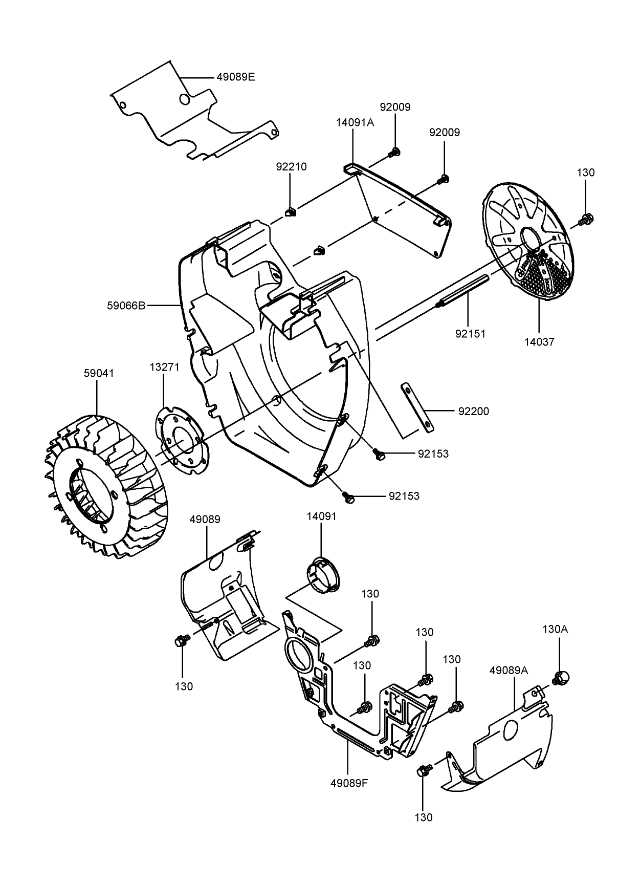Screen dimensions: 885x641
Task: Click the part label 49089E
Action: click(235, 77)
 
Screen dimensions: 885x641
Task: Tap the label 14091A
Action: click(355, 123)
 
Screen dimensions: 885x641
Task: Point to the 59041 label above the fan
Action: click(99, 373)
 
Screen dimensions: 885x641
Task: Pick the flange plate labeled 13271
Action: click(182, 440)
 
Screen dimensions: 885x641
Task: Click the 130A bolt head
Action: click(562, 678)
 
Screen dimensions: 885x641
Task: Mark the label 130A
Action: click(555, 629)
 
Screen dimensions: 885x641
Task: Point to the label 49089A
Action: click(509, 670)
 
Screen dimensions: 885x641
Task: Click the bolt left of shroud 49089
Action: click(181, 640)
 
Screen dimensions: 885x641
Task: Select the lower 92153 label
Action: click(404, 496)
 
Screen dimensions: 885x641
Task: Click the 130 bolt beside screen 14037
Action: click(586, 219)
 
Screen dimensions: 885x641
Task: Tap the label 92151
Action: click(470, 334)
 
